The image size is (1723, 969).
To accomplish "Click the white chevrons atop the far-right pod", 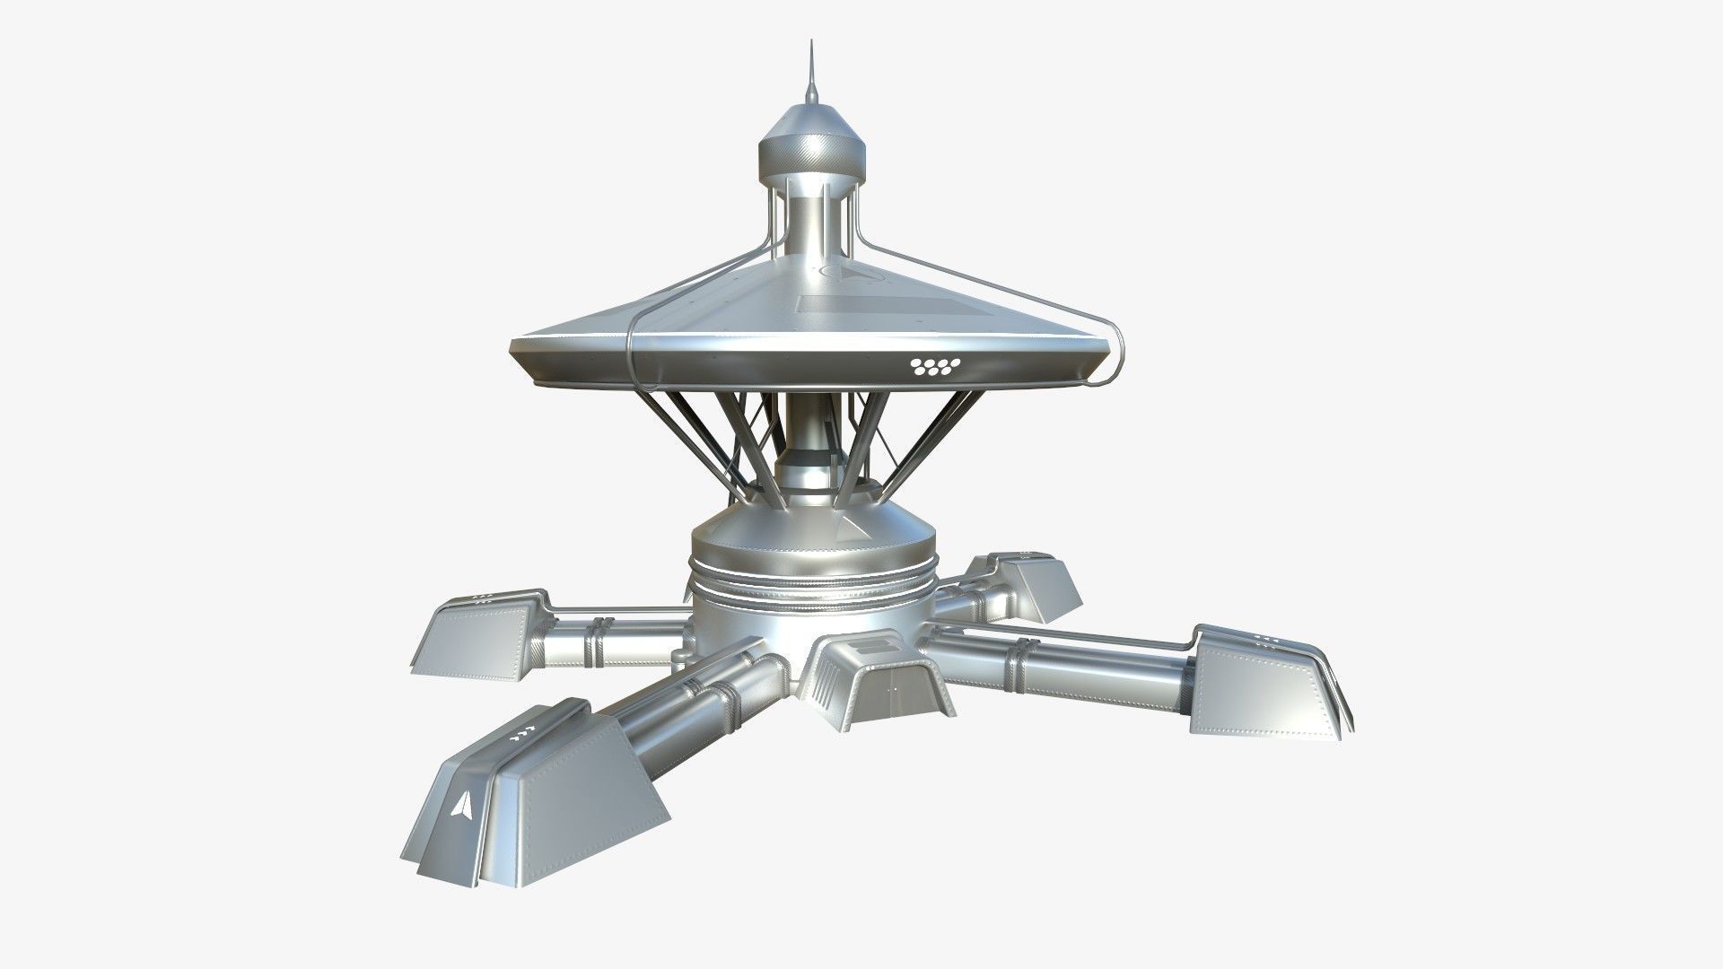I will pyautogui.click(x=1266, y=638).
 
